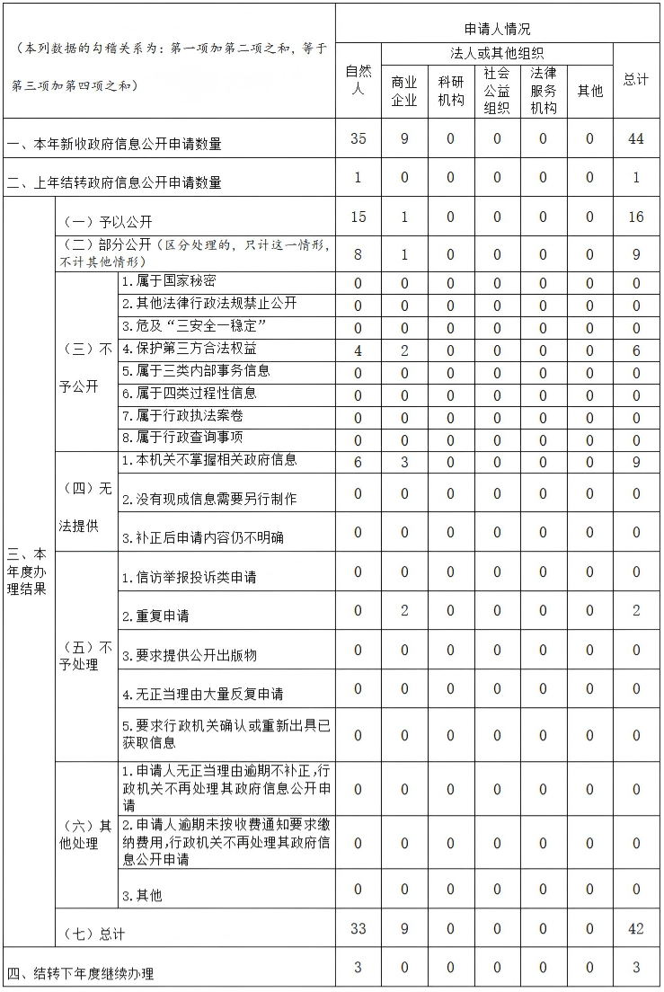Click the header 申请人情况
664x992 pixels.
(x=497, y=29)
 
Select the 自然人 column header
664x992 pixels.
(x=358, y=80)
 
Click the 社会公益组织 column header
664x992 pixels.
(x=497, y=91)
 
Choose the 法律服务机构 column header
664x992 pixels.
(x=543, y=91)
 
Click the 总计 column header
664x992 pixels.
(x=636, y=80)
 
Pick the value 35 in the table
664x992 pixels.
(x=358, y=139)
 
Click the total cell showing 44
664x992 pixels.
(x=636, y=139)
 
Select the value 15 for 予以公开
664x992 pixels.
(x=358, y=217)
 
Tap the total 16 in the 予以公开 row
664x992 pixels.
(x=636, y=217)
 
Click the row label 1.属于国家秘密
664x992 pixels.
(x=169, y=282)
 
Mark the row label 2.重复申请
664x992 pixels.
(x=155, y=616)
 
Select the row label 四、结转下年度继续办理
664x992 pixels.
(x=81, y=973)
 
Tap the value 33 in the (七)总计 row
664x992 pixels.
(x=358, y=929)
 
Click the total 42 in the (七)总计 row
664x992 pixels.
(x=636, y=929)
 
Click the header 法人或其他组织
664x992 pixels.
(x=497, y=54)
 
